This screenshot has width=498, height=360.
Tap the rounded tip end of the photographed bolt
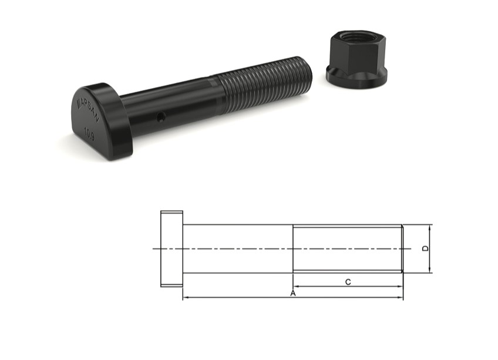click(307, 65)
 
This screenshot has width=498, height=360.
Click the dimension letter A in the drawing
click(292, 292)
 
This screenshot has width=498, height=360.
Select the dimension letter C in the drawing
click(348, 282)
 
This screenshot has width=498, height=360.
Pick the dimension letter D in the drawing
click(426, 248)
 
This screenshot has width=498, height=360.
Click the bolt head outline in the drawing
click(171, 248)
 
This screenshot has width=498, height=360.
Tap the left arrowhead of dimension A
click(186, 298)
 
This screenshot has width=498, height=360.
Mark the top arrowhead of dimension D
click(430, 227)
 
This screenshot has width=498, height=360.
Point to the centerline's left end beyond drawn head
click(156, 248)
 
